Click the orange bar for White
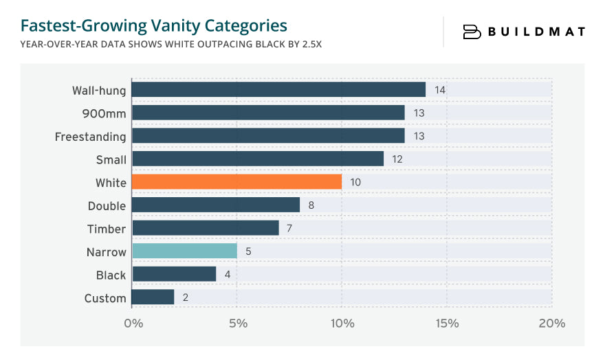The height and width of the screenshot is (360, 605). pos(236,182)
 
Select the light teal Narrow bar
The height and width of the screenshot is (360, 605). pos(184,251)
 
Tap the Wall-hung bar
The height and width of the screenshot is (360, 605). pos(278,90)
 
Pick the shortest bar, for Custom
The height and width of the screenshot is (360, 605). pos(153,297)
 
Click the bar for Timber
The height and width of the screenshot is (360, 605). pos(205,228)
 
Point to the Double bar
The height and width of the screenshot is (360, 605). pos(216,205)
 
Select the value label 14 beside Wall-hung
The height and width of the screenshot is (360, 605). pos(440,90)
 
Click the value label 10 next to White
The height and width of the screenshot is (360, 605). pos(355,182)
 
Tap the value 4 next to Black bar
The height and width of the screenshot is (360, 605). pos(228,275)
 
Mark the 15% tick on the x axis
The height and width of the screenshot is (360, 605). pos(447,324)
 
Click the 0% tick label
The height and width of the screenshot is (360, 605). pos(132,324)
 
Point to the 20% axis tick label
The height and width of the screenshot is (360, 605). pos(551,324)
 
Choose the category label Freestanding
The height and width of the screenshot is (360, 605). pos(91,137)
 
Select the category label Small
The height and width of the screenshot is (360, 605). pos(111,159)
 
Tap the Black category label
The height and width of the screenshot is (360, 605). pos(111,275)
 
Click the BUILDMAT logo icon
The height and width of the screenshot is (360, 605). pos(472,32)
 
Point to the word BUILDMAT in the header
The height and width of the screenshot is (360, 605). pos(536,32)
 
